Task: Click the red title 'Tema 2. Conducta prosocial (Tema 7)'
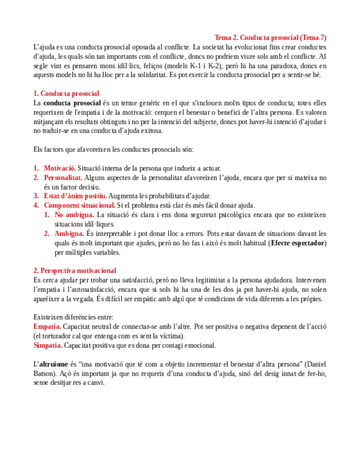pos(270,38)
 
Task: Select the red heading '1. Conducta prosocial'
pos(66,94)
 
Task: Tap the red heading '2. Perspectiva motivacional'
pos(74,270)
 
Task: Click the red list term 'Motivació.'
pos(60,168)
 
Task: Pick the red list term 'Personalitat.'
pos(63,177)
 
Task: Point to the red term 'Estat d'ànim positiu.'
pos(75,196)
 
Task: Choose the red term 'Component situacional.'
pos(80,206)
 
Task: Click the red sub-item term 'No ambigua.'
pos(75,215)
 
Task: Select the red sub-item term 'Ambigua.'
pos(69,234)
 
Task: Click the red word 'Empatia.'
pos(48,326)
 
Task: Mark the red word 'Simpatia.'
pos(48,345)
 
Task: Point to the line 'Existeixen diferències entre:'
pos(74,317)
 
